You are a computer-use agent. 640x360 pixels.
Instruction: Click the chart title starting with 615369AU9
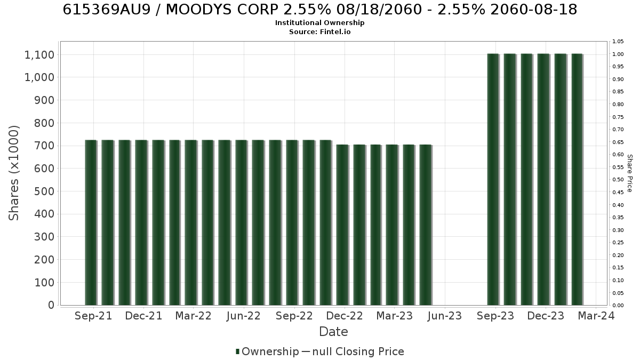pos(319,10)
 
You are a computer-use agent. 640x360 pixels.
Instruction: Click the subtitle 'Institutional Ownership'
pos(319,23)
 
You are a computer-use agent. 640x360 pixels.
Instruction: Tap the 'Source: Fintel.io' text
pos(319,31)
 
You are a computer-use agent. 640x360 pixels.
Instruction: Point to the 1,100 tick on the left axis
pos(39,54)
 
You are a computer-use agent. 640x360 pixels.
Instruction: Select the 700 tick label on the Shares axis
pos(44,146)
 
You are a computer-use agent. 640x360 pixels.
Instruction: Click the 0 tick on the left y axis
pos(51,305)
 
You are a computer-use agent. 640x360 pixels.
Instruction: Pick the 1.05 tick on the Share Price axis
pos(618,42)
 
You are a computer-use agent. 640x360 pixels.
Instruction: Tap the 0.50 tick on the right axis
pos(618,180)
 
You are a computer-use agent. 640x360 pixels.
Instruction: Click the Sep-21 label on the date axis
pos(93,316)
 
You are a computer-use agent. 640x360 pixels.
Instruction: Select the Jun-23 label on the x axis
pos(445,316)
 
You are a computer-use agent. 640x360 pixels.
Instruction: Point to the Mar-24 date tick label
pos(596,316)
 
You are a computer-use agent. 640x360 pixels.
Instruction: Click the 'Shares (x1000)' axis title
pos(13,173)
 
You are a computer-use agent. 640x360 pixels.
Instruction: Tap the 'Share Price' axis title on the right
pos(629,173)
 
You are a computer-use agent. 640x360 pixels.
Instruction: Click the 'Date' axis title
pos(333,332)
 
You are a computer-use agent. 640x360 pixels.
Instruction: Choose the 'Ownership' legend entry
pos(267,351)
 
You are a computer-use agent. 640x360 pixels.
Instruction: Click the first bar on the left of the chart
pos(91,222)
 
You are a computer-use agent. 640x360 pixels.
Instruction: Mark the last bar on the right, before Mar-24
pos(578,179)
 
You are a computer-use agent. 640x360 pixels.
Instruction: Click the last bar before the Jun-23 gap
pos(426,225)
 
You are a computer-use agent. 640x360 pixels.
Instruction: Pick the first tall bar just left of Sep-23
pos(493,179)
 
